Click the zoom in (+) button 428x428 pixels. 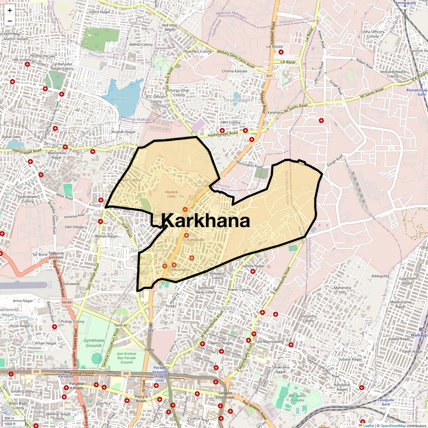click(10, 10)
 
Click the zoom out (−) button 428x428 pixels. click(10, 21)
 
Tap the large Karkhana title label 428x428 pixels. click(206, 220)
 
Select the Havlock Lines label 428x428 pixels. click(171, 194)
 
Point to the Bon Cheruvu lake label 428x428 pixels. click(121, 100)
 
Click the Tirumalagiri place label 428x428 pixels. click(238, 100)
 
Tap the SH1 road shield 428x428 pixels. click(269, 76)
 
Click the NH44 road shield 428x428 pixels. click(67, 302)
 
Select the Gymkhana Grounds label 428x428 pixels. click(94, 343)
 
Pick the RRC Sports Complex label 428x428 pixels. click(297, 398)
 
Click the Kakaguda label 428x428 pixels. click(196, 240)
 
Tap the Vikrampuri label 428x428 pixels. click(181, 270)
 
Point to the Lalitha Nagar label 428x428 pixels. click(253, 266)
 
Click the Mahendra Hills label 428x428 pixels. click(342, 290)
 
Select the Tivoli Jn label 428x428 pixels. click(121, 325)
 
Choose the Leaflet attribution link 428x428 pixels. click(368, 426)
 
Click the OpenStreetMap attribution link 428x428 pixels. click(393, 426)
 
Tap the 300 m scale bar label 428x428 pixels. click(10, 418)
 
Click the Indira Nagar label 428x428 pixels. click(100, 12)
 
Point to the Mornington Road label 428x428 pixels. click(249, 164)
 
